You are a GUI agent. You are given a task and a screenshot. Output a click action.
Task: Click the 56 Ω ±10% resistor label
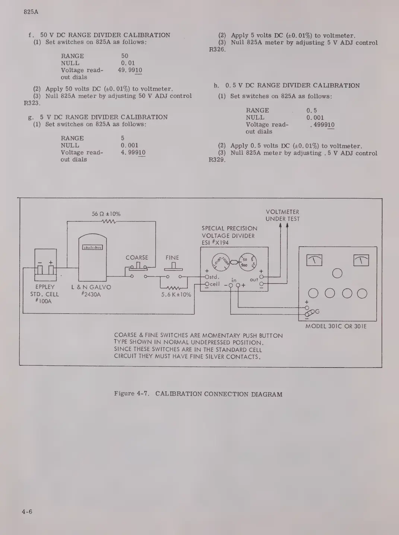coord(106,214)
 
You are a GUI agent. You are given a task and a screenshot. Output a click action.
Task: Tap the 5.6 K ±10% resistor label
coord(176,295)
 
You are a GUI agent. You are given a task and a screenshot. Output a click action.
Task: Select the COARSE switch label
coord(137,257)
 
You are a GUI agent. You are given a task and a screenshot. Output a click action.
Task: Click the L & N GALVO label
coord(91,287)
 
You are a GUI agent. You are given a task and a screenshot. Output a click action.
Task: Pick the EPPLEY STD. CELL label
coord(45,294)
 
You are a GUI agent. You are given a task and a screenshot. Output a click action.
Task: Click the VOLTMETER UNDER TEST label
coord(282,215)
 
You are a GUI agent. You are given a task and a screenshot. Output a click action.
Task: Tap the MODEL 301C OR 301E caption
coord(336,326)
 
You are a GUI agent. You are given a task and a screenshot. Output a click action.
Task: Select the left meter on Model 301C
coord(314,260)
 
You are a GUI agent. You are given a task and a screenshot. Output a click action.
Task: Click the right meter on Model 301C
coord(361,260)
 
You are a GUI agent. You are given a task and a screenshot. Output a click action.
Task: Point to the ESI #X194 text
coord(215,243)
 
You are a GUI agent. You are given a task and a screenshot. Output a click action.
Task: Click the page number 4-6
coord(27,512)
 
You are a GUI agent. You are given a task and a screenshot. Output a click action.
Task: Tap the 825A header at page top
coord(31,12)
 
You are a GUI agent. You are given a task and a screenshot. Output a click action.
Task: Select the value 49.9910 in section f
coord(130,70)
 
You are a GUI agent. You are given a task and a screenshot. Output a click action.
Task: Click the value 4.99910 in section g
coord(133,152)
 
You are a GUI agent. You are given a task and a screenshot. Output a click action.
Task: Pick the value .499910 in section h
coord(322,125)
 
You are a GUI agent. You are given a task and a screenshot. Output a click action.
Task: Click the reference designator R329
coord(217,160)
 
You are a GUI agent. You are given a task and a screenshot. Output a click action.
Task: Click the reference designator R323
coord(32,103)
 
